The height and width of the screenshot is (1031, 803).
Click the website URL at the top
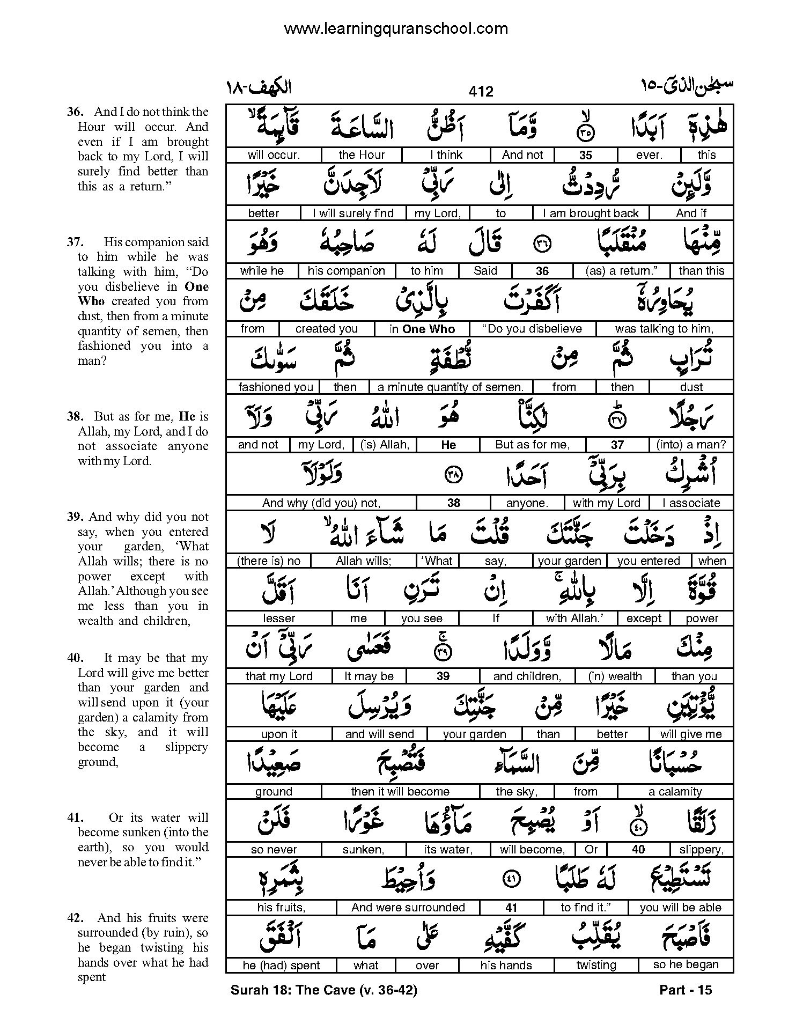[x=395, y=28]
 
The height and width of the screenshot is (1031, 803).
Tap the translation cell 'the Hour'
[x=362, y=155]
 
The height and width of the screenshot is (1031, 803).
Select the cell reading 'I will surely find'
[x=353, y=213]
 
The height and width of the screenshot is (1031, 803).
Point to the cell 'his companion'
[x=346, y=271]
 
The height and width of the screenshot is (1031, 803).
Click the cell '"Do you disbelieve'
[x=533, y=329]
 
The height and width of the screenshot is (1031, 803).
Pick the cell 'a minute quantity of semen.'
[x=451, y=387]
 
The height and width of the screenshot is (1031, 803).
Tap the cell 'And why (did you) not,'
[x=321, y=503]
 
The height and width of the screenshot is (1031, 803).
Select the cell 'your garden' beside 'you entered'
[x=569, y=561]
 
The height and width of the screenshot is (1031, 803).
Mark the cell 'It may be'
[x=369, y=676]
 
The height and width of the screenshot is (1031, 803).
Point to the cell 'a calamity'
[x=675, y=792]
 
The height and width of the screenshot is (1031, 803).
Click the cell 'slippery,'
[x=701, y=850]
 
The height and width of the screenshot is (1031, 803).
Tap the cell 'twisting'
[x=596, y=965]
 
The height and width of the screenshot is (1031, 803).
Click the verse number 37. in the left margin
[x=74, y=242]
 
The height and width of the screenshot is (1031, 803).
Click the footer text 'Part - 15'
[x=685, y=990]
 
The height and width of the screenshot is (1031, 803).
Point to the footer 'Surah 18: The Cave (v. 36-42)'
[x=323, y=990]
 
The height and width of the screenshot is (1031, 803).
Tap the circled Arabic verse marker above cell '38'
[x=454, y=474]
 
